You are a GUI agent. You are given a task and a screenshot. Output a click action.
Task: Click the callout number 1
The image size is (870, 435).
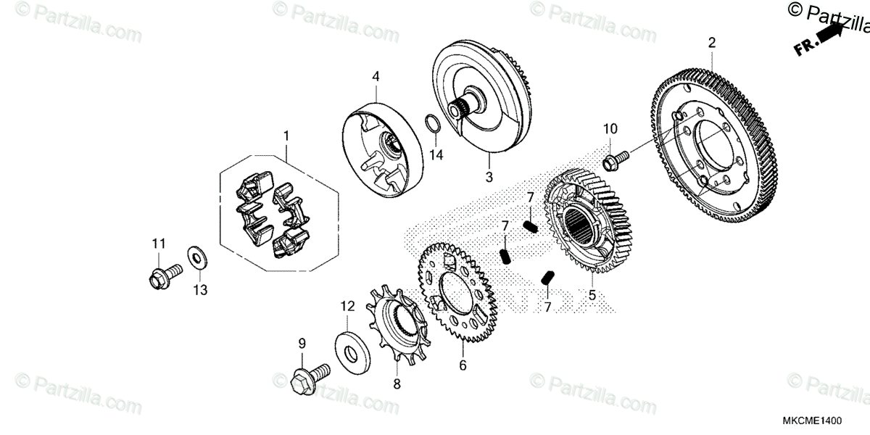pyautogui.click(x=286, y=136)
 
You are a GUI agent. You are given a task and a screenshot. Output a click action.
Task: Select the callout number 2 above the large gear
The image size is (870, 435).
pyautogui.click(x=711, y=43)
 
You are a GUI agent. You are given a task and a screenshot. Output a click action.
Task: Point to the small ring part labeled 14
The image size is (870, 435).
pyautogui.click(x=430, y=124)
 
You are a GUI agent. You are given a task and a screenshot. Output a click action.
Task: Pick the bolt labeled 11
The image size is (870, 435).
pyautogui.click(x=159, y=275)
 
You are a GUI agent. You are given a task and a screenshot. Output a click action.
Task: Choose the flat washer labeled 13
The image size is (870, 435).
pyautogui.click(x=196, y=256)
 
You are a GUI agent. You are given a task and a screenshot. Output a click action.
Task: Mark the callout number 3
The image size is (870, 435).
pyautogui.click(x=489, y=176)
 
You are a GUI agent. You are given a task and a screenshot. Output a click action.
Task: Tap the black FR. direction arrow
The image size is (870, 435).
pyautogui.click(x=829, y=34)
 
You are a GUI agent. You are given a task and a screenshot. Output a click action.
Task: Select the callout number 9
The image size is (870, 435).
pyautogui.click(x=302, y=342)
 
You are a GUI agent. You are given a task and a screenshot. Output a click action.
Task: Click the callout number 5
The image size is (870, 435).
pyautogui.click(x=592, y=296)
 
